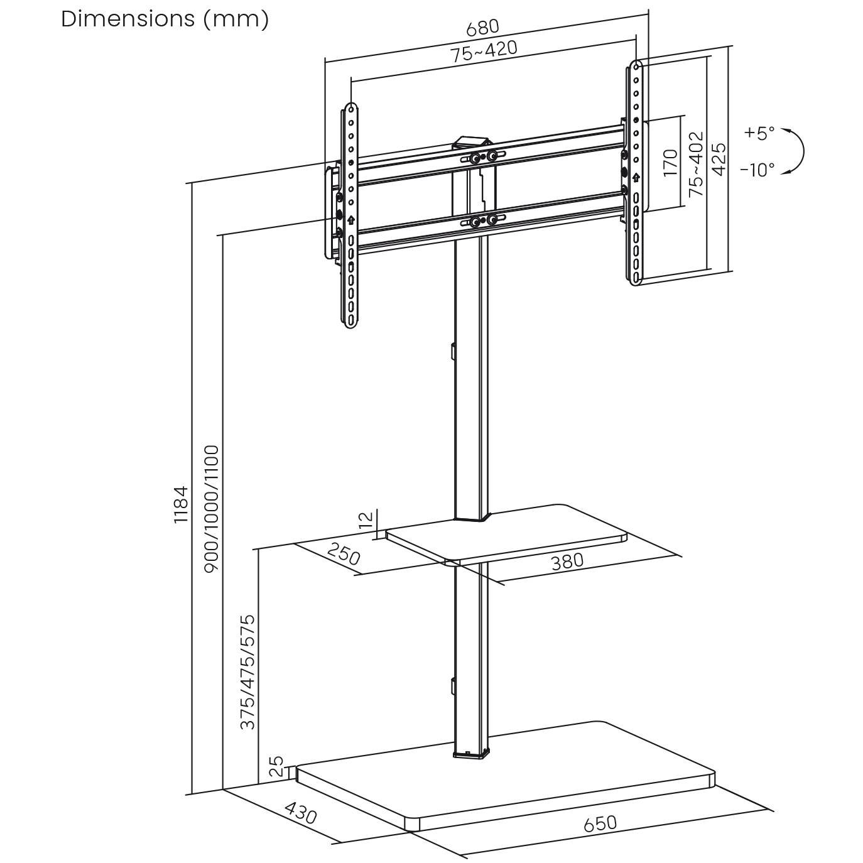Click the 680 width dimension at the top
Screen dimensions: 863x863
(482, 28)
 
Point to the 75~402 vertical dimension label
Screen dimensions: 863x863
(696, 164)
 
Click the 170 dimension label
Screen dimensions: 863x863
(671, 163)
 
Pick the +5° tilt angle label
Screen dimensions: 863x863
(759, 133)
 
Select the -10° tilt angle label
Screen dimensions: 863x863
(757, 170)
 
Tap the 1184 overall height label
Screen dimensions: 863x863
(181, 504)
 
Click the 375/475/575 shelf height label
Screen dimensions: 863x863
(248, 672)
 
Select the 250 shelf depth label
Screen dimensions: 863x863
(344, 555)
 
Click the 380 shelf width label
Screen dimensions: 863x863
(567, 561)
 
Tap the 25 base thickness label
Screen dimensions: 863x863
(276, 767)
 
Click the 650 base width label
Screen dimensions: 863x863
(600, 823)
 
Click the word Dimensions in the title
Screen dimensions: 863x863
(128, 19)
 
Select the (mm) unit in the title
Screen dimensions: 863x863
(236, 19)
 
